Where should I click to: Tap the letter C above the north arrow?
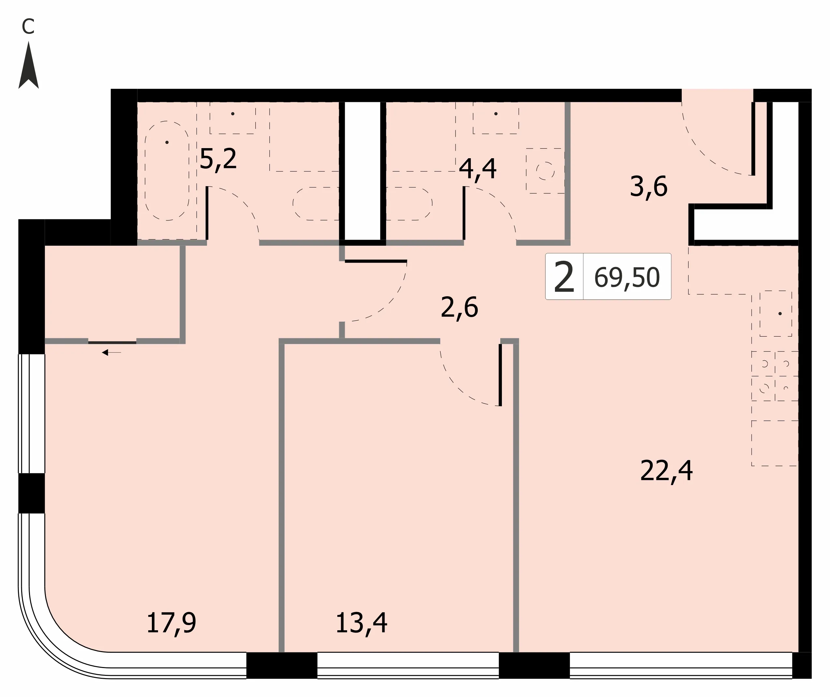pyautogui.click(x=28, y=26)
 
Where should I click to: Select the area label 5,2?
pyautogui.click(x=218, y=159)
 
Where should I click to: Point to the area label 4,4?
pyautogui.click(x=477, y=169)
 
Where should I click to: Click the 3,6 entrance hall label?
pyautogui.click(x=648, y=187)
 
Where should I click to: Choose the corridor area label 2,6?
pyautogui.click(x=459, y=308)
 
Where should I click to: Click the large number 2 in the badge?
pyautogui.click(x=564, y=277)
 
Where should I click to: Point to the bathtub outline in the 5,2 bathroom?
pyautogui.click(x=167, y=170)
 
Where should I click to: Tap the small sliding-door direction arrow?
pyautogui.click(x=111, y=353)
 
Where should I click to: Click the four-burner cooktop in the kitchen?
pyautogui.click(x=775, y=376)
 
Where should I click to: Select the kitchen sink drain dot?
pyautogui.click(x=780, y=314)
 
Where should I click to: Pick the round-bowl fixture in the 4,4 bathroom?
pyautogui.click(x=545, y=171)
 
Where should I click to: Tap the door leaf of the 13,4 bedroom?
pyautogui.click(x=500, y=375)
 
